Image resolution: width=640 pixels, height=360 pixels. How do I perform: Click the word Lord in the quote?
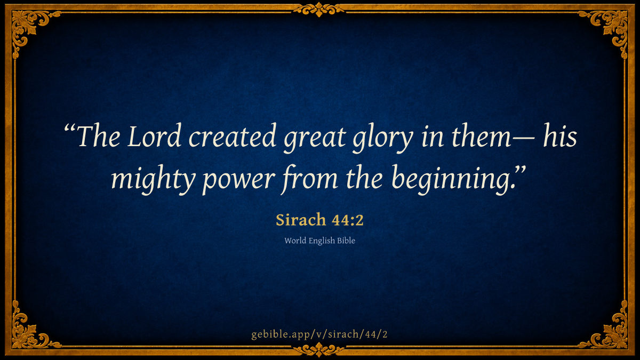(154, 135)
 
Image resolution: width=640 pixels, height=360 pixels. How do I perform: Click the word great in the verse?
(315, 139)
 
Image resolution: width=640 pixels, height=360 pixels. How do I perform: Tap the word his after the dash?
(560, 135)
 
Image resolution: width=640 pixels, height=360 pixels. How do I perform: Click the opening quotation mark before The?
(70, 128)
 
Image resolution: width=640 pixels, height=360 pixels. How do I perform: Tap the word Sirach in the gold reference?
(301, 220)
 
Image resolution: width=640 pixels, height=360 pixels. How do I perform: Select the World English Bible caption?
(319, 241)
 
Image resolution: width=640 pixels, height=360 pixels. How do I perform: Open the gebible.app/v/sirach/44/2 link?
(319, 334)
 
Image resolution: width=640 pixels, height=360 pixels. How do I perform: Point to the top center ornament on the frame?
(319, 10)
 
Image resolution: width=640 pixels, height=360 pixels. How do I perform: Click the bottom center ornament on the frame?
(319, 350)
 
